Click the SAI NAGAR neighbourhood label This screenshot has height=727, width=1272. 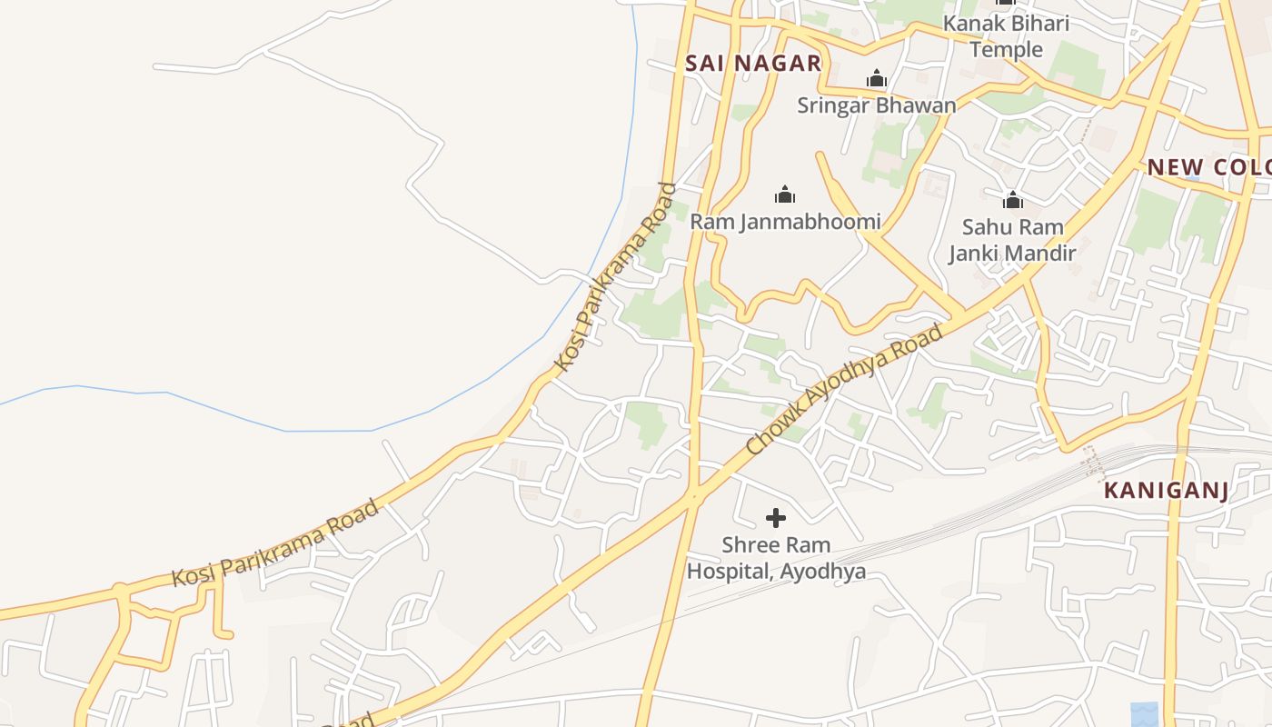[x=753, y=63]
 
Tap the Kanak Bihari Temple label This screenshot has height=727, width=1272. [x=1006, y=36]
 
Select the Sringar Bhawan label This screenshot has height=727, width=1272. [x=877, y=105]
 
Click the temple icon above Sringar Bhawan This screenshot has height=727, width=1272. [x=877, y=79]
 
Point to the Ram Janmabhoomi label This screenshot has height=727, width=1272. [x=785, y=221]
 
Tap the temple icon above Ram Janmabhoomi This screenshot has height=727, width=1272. [x=785, y=194]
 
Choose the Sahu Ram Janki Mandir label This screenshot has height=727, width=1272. [x=1012, y=240]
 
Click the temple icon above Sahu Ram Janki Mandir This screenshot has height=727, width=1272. [x=1012, y=200]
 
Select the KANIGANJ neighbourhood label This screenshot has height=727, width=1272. [x=1166, y=491]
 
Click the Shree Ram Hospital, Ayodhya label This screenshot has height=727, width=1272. [x=776, y=558]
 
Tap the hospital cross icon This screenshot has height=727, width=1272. [x=776, y=518]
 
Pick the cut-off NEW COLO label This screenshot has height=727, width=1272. [x=1208, y=167]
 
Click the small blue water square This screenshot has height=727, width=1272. [x=1146, y=714]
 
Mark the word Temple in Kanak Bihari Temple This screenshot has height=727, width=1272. [x=1006, y=49]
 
